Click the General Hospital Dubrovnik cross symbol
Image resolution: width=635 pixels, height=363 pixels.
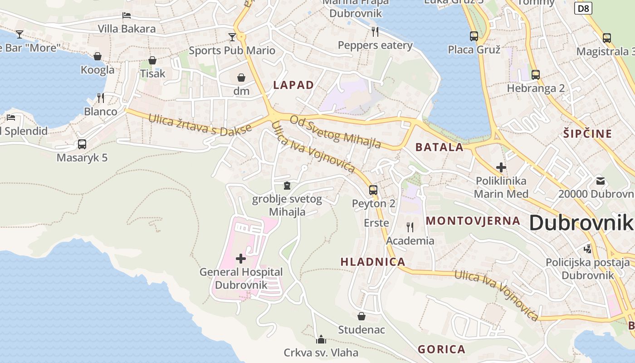click(241, 259)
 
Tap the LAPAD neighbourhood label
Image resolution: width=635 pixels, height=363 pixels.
click(293, 85)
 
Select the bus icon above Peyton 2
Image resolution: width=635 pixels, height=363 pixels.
click(373, 190)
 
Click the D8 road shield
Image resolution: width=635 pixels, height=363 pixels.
click(584, 8)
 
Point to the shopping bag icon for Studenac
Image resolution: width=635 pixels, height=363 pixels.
click(361, 316)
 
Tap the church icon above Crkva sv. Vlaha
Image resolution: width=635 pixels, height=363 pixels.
click(321, 339)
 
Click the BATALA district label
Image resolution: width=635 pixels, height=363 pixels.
click(440, 147)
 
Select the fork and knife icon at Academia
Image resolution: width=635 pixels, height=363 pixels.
click(410, 227)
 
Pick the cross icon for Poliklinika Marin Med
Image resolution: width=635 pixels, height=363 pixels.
click(501, 167)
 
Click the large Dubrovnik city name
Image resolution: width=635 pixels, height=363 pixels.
click(581, 223)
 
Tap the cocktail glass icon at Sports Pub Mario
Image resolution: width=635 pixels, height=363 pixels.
click(232, 37)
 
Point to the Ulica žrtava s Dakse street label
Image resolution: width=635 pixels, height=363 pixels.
click(200, 125)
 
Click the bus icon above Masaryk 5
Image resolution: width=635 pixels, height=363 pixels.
click(82, 144)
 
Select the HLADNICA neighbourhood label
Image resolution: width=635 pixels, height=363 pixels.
click(373, 262)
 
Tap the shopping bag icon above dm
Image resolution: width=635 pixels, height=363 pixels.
click(241, 78)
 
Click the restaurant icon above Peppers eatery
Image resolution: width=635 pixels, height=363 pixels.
click(375, 31)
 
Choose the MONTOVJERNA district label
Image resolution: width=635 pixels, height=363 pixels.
click(473, 221)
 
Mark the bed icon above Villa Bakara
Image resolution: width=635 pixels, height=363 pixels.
click(127, 15)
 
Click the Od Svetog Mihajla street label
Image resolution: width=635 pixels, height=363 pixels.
click(335, 132)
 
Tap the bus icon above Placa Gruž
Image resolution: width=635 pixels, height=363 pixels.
click(474, 36)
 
